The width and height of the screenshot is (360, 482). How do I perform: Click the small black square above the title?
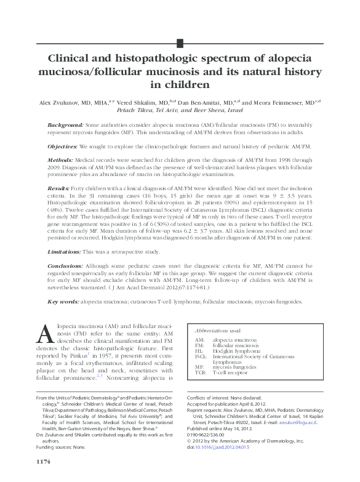pos(180,42)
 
